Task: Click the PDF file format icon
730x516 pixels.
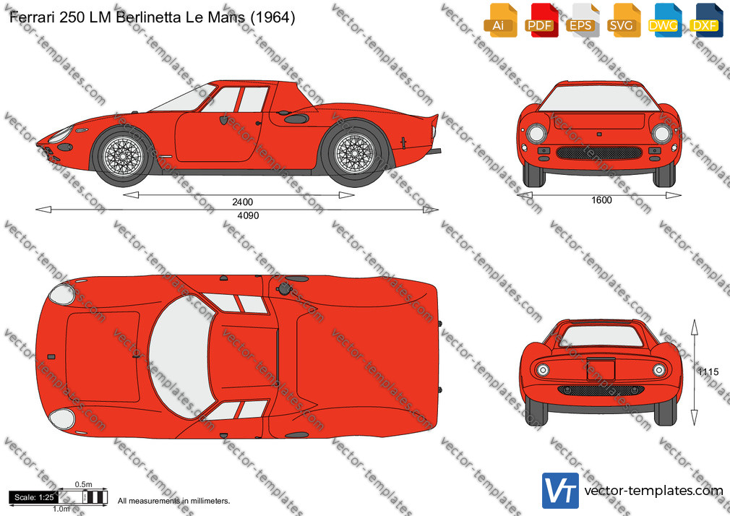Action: pos(541,20)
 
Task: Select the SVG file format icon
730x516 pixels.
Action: pos(622,20)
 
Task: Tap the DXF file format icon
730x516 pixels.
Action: pos(706,20)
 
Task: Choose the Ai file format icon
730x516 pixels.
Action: pos(500,20)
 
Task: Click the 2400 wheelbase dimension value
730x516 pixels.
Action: pos(243,202)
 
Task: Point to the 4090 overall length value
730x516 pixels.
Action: pos(248,215)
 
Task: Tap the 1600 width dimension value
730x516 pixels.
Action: pos(601,200)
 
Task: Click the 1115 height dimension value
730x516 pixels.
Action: pos(708,372)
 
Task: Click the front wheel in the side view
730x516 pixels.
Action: pos(123,155)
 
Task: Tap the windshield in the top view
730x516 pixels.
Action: pos(181,357)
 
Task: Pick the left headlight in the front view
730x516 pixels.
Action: pos(536,134)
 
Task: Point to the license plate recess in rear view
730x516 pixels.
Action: pos(601,370)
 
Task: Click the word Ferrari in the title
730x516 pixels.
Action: pos(30,17)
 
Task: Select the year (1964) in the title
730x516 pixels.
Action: pos(272,17)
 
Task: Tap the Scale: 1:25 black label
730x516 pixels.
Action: pos(33,497)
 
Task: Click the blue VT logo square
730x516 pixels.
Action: pos(560,491)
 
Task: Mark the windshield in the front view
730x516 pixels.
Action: pos(599,98)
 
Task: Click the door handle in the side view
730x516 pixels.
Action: pos(257,123)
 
